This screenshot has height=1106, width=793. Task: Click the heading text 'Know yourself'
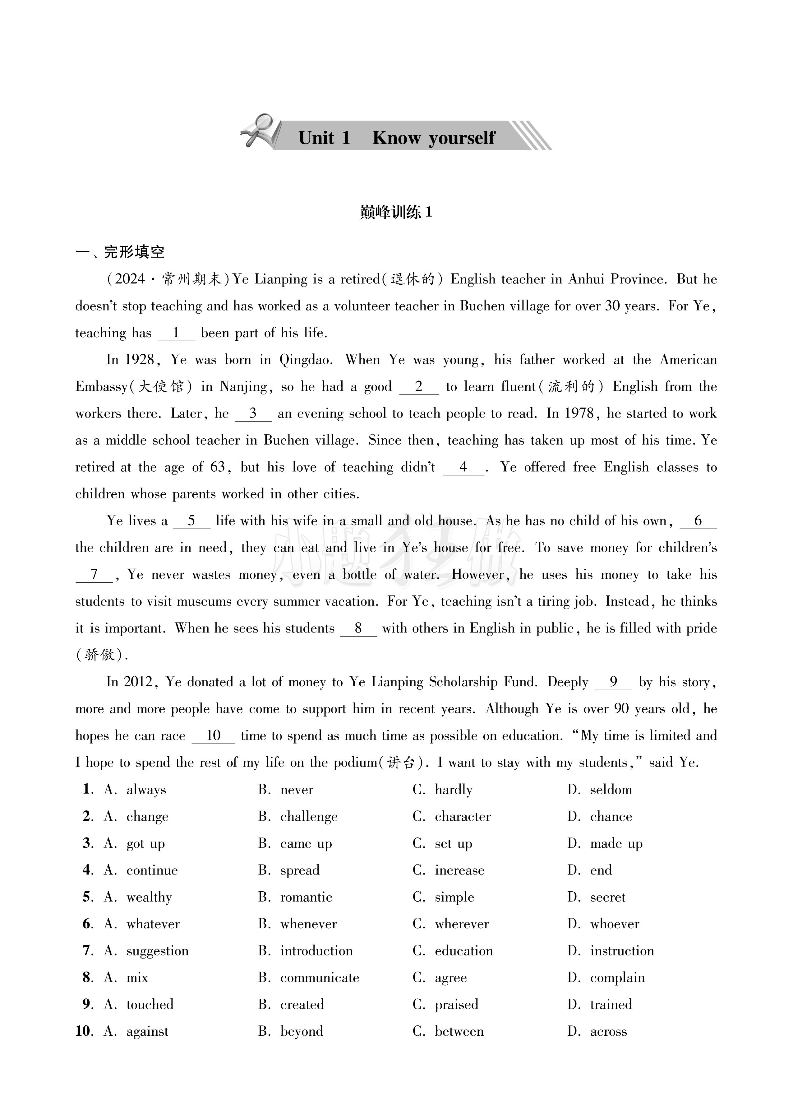(x=433, y=138)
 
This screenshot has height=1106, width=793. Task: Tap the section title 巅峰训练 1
(x=396, y=212)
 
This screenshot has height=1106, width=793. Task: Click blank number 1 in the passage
(x=176, y=333)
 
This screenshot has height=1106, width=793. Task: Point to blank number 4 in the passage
(x=463, y=467)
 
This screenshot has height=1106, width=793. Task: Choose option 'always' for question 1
(x=146, y=790)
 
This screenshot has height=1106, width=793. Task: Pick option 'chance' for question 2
(x=611, y=817)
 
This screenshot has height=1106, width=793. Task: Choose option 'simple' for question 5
(x=454, y=897)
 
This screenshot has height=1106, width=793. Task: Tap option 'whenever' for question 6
(x=308, y=924)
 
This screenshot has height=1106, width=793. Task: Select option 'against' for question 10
(x=147, y=1031)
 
